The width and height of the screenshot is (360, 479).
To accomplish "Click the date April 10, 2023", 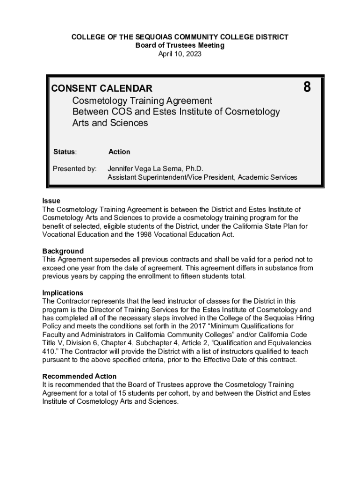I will coord(180,54).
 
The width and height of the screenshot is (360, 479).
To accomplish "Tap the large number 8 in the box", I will coord(307,87).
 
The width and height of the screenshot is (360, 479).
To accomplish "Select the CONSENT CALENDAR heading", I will coord(101,88).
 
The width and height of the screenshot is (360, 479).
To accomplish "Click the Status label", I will coord(65,152).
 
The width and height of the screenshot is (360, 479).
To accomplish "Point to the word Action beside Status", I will coord(119,152).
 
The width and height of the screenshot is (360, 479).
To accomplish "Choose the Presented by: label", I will coord(75,168).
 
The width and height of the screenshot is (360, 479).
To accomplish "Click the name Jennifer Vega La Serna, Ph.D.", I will coord(156,168).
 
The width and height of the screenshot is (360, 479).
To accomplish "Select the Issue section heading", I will coord(51,201).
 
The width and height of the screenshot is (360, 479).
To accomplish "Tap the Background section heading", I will coord(63,251).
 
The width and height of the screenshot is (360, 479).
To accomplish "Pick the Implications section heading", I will coord(63,293).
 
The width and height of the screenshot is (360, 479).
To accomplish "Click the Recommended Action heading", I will coord(79,376).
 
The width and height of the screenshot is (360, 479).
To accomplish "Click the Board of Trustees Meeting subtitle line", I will coord(180,45).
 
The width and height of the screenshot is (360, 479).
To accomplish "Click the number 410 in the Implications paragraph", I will coord(49,352).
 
